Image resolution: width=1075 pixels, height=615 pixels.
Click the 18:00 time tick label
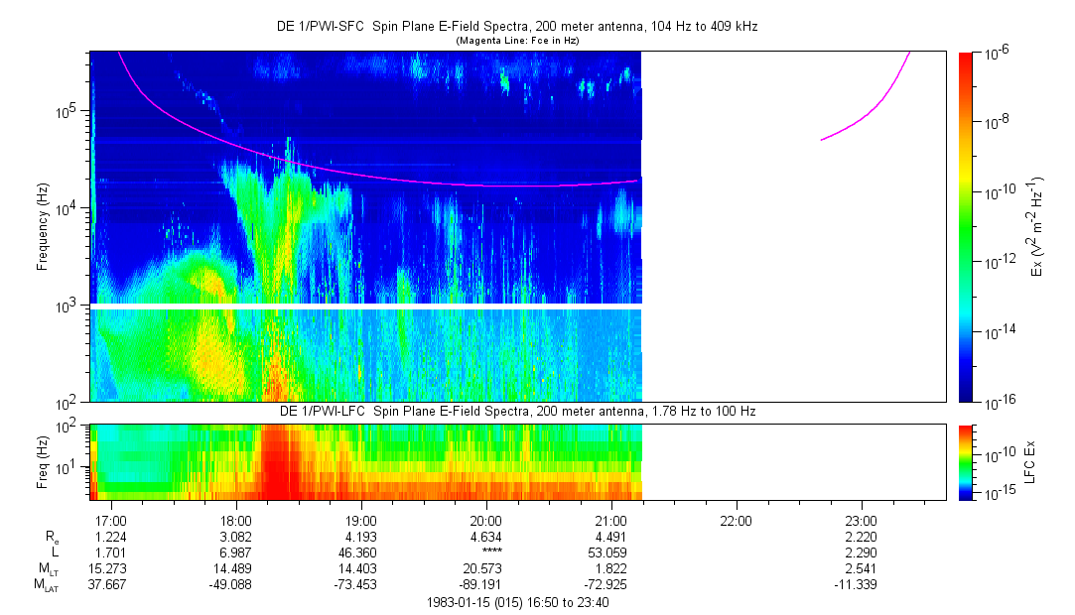[235, 521]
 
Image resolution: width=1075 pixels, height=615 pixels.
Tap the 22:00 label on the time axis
[736, 521]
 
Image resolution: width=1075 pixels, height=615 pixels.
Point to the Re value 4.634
[485, 538]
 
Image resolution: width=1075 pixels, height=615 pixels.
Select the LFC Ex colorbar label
[1032, 461]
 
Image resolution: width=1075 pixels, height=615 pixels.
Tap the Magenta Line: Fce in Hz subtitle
[516, 41]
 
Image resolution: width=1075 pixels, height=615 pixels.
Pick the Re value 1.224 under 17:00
[110, 538]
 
